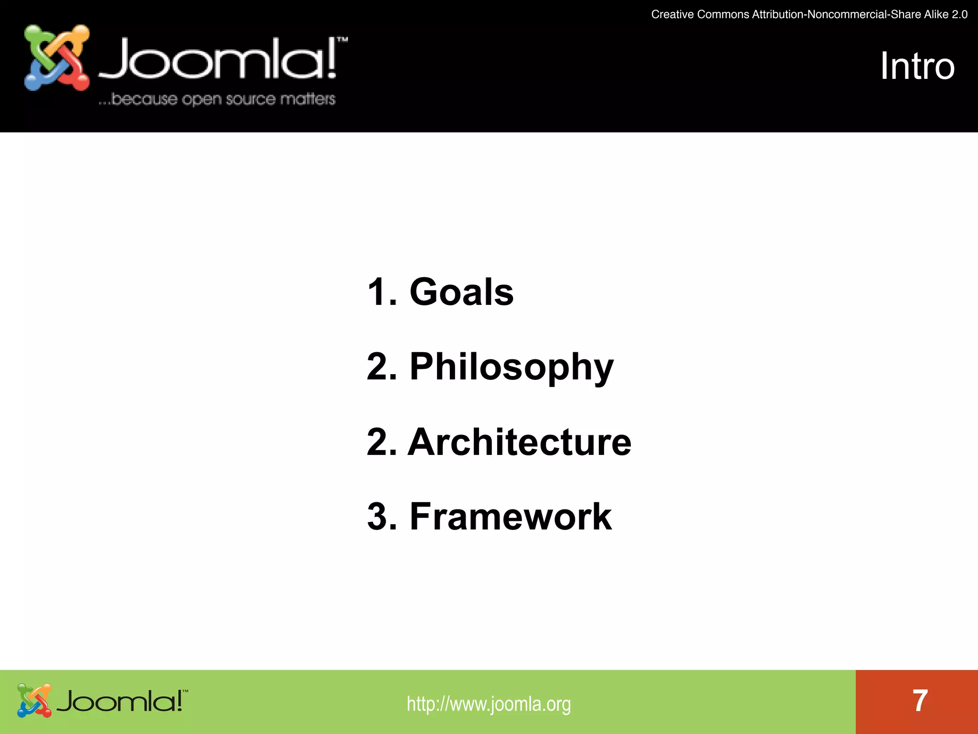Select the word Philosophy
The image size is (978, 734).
(511, 367)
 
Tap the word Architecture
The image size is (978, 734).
(519, 442)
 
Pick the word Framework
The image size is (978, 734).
(510, 517)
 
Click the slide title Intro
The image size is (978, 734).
(917, 66)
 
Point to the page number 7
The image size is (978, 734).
(920, 701)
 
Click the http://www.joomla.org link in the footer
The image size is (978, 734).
(489, 704)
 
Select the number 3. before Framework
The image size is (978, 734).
(382, 517)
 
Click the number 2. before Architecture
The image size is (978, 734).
(382, 442)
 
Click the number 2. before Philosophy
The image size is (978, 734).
(382, 367)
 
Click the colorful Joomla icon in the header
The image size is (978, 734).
(57, 58)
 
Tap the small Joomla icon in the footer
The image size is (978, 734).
(34, 701)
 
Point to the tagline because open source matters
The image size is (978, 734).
(217, 99)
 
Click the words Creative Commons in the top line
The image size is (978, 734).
(700, 14)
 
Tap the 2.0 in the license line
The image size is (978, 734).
(959, 14)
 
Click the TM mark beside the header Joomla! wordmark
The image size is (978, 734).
(342, 40)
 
